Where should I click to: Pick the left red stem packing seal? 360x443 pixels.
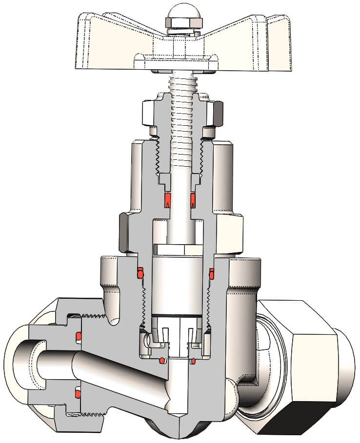pos(167,199)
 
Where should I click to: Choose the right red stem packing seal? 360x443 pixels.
pos(193,199)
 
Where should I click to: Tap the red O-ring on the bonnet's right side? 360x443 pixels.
pos(212,274)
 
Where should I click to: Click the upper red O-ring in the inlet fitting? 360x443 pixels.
pos(78,336)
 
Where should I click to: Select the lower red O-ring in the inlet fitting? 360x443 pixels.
pos(78,392)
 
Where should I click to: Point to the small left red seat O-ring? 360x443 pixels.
pos(162,361)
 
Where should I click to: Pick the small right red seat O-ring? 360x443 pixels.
pos(193,361)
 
